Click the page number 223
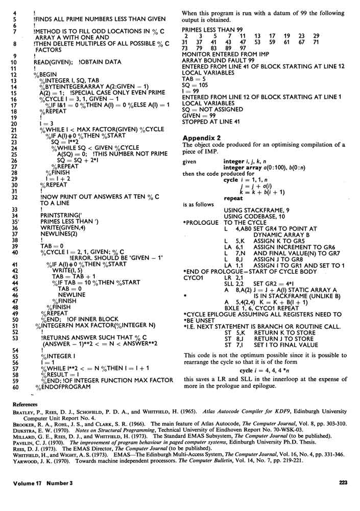[343, 482]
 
